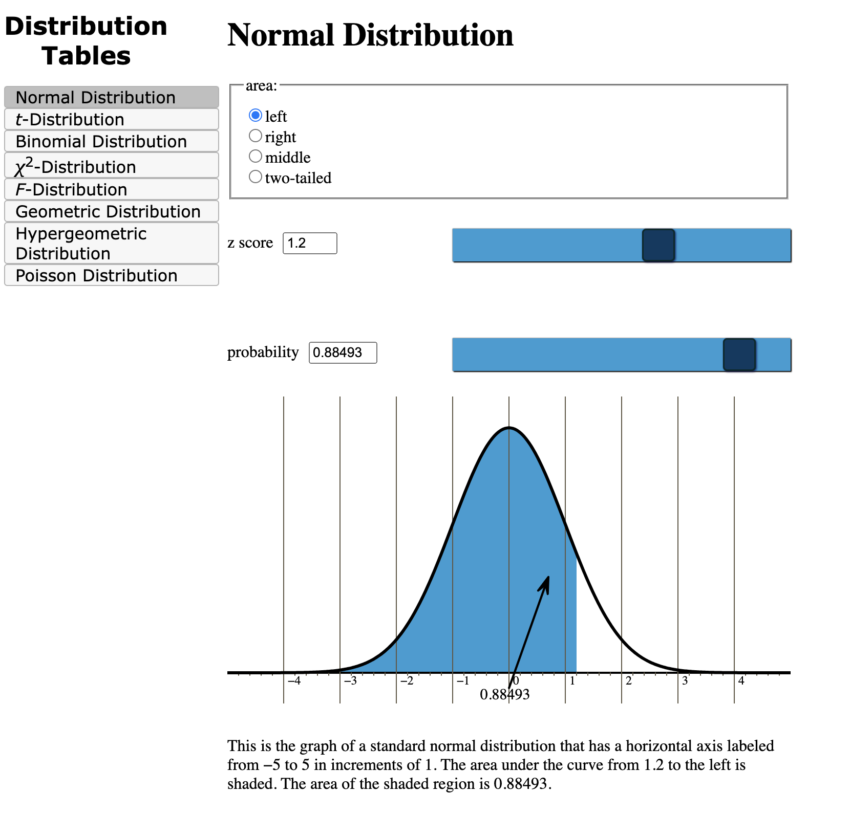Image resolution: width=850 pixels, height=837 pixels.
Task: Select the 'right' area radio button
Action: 255,136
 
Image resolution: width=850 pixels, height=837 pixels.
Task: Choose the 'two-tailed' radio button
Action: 255,177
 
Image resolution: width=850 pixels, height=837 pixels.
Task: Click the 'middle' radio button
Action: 255,156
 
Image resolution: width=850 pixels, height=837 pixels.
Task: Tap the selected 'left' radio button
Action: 255,116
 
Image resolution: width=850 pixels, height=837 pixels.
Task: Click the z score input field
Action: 310,243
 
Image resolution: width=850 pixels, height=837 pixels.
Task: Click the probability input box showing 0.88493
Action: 343,353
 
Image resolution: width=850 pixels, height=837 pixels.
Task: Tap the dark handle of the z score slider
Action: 658,245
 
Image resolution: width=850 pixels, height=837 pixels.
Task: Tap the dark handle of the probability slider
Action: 739,355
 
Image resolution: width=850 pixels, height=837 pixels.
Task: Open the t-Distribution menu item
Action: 111,119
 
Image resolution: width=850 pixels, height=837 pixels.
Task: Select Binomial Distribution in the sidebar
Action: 111,141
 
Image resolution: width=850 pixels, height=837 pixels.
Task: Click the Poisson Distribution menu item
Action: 111,275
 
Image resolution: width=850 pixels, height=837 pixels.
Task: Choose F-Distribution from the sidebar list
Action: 111,189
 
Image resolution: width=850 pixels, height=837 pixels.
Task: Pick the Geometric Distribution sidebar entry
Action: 111,211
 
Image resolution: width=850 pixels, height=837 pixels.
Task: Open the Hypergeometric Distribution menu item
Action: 111,244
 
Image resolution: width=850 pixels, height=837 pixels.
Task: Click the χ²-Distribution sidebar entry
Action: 111,166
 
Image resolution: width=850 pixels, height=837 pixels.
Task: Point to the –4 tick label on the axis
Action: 294,681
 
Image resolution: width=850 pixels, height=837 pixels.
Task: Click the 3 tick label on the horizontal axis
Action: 685,681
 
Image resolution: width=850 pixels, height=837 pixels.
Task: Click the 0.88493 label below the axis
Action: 504,695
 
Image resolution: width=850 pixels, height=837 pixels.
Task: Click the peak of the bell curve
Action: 508,428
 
